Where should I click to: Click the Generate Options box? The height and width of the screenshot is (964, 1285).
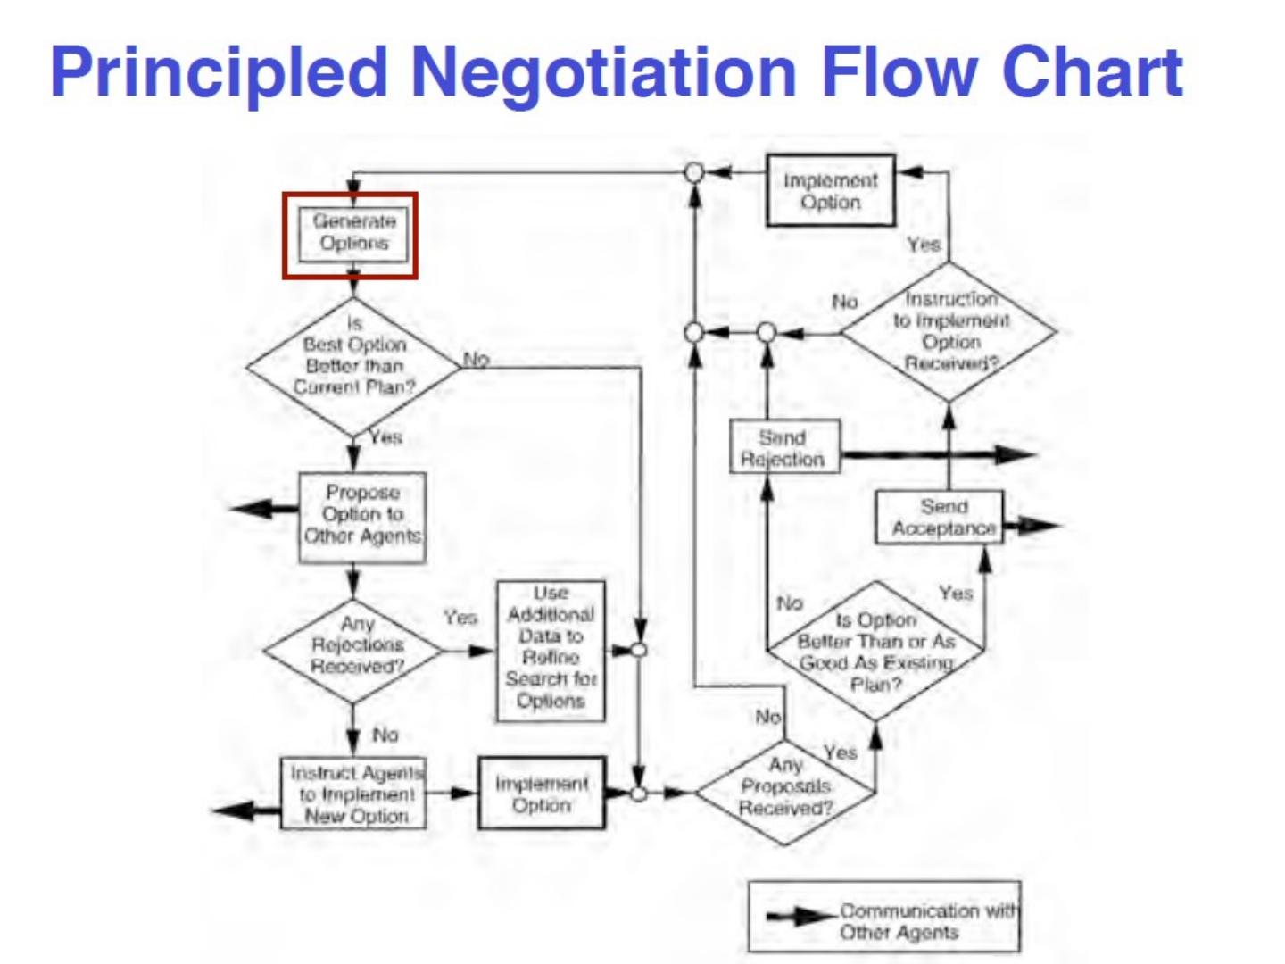pyautogui.click(x=353, y=234)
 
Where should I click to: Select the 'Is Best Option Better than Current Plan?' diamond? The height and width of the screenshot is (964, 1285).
pyautogui.click(x=353, y=365)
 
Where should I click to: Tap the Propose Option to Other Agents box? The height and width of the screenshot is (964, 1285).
pyautogui.click(x=361, y=516)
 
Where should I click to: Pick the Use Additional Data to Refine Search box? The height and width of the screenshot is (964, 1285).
pyautogui.click(x=551, y=649)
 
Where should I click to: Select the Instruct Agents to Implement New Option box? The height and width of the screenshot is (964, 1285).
pyautogui.click(x=353, y=794)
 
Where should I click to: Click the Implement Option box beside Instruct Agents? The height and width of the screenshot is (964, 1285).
pyautogui.click(x=542, y=794)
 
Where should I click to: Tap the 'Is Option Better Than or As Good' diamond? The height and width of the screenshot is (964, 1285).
pyautogui.click(x=875, y=652)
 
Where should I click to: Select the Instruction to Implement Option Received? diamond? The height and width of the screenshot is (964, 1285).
pyautogui.click(x=949, y=331)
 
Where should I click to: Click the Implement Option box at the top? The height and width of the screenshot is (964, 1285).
pyautogui.click(x=830, y=191)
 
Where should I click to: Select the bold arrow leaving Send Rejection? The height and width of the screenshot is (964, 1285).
pyautogui.click(x=937, y=455)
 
